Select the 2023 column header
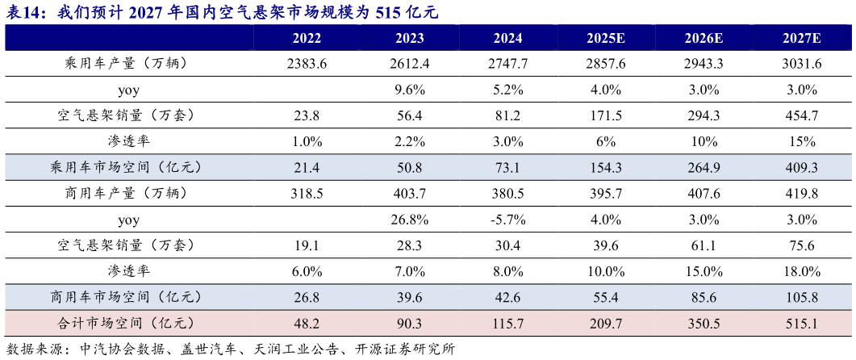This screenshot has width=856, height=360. point(410,39)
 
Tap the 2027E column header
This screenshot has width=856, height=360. point(801,39)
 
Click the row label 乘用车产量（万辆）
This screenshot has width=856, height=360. point(128,64)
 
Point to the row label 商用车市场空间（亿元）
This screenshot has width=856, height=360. point(128,297)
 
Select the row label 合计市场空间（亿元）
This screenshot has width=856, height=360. point(128,323)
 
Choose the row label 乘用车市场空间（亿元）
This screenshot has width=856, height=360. point(128,168)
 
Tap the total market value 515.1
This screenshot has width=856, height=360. point(801,324)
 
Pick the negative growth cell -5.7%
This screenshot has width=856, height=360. point(508,220)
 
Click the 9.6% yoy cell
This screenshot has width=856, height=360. point(410,90)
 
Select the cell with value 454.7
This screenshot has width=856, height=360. point(801,116)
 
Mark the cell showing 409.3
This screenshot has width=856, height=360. point(801,168)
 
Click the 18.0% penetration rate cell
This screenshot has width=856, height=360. point(801,271)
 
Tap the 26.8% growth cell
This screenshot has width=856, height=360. point(410,220)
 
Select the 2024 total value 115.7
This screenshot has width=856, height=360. point(508,324)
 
